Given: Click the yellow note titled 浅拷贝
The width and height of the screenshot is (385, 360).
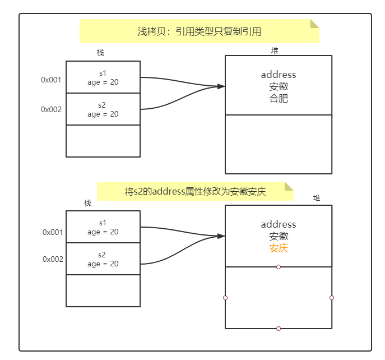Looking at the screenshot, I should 199,31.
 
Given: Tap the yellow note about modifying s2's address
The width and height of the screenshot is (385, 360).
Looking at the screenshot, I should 195,191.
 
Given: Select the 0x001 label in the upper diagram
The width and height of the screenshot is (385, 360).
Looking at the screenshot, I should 51,80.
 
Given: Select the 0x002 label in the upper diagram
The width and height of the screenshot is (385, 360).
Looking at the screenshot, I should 51,109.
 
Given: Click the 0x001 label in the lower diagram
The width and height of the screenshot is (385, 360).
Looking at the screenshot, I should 53,232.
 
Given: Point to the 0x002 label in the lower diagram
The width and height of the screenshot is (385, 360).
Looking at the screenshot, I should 53,259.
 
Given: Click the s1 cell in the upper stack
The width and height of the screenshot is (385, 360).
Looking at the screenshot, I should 103,77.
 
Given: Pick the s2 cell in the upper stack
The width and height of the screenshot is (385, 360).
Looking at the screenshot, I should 103,109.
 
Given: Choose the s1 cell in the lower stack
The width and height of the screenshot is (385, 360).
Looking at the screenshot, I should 103,227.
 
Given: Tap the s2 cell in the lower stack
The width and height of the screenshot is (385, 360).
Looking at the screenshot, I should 103,259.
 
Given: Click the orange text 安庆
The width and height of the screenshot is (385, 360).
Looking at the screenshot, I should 278,248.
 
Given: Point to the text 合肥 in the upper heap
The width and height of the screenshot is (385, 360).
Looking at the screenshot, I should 278,99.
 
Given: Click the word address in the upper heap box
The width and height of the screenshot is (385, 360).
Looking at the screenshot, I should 278,75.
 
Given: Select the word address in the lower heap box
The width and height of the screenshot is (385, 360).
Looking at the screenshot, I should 278,224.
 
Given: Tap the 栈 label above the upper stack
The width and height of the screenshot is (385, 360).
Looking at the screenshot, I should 100,53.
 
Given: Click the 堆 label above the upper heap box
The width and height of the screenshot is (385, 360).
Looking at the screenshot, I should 275,50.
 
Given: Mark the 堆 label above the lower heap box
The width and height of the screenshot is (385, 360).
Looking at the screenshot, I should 317,198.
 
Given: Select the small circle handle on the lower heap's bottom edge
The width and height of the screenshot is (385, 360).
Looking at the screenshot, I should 279,329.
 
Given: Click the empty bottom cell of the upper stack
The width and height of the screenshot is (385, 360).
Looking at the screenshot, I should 103,141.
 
